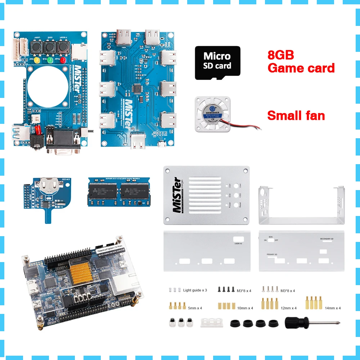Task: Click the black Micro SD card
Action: click(217, 63)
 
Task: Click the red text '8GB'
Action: click(281, 55)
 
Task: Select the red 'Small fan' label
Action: click(296, 116)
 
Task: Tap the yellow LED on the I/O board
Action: click(37, 60)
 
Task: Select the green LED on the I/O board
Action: click(50, 60)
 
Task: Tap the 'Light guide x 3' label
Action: click(195, 290)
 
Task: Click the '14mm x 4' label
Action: click(332, 308)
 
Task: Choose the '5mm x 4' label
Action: click(195, 308)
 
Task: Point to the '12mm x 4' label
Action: click(289, 308)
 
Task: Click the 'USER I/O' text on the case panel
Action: click(238, 244)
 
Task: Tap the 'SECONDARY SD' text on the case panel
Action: click(329, 239)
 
